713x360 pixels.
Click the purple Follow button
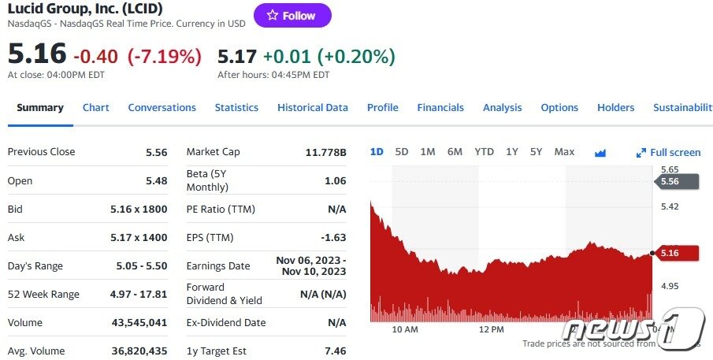(292, 16)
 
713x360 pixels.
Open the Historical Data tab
(312, 108)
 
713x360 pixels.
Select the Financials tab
(440, 108)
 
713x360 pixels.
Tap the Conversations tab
(162, 108)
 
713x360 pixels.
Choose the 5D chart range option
(402, 152)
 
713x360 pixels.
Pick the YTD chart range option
(484, 152)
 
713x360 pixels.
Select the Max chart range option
(564, 152)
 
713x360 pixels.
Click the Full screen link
(669, 153)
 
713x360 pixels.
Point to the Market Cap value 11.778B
(325, 152)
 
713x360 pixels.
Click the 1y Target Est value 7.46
(335, 351)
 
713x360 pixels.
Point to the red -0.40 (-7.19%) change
(137, 57)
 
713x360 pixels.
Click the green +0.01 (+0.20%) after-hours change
(329, 57)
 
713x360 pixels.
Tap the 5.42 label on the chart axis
(670, 207)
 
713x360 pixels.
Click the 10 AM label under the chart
(404, 329)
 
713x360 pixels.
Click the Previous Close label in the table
(42, 152)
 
